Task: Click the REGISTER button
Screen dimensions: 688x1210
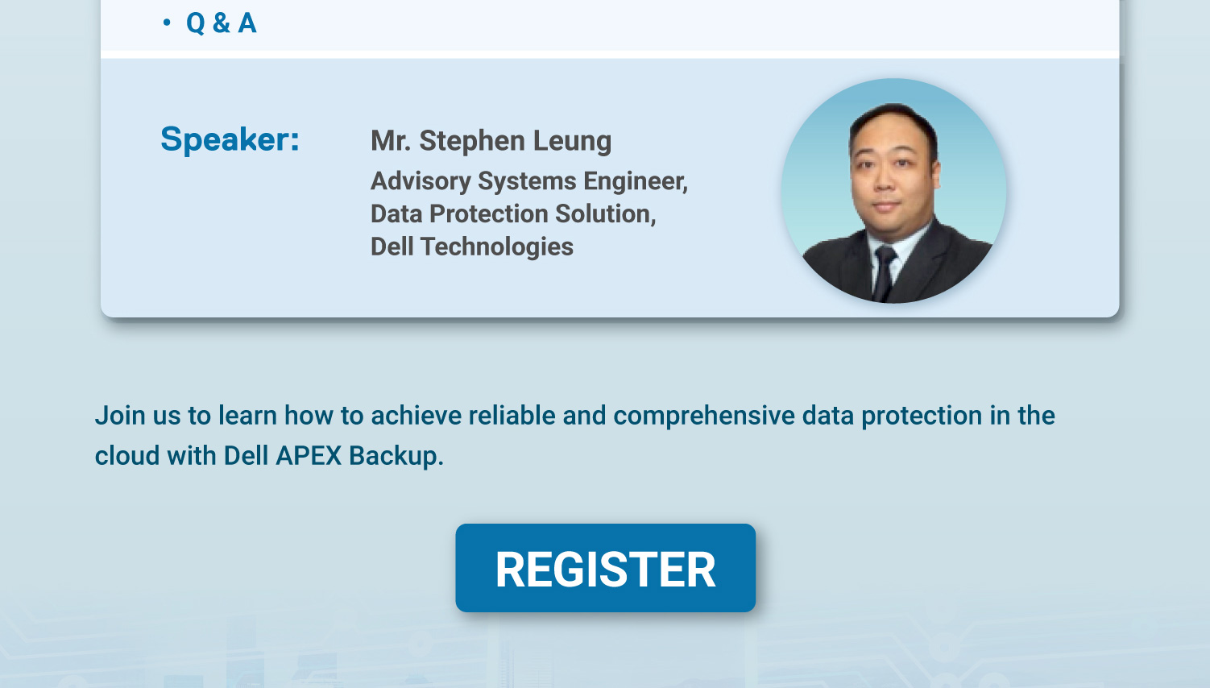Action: tap(605, 568)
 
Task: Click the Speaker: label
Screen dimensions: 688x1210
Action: tap(230, 139)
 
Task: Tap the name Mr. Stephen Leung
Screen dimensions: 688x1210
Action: tap(491, 140)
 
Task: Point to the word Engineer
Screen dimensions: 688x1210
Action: tap(635, 181)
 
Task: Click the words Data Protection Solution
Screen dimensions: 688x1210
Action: tap(512, 213)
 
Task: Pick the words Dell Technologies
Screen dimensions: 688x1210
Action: tap(471, 247)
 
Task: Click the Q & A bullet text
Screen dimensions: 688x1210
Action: tap(221, 23)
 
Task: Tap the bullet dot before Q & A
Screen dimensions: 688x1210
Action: tap(167, 23)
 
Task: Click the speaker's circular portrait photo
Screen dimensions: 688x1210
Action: tap(893, 191)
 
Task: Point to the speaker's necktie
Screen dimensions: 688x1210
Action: tap(884, 274)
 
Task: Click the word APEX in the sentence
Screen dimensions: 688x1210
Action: tap(309, 456)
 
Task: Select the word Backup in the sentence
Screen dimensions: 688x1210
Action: tap(396, 456)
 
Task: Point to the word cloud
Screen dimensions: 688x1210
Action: tap(127, 456)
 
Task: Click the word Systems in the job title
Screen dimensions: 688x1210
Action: tap(527, 181)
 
